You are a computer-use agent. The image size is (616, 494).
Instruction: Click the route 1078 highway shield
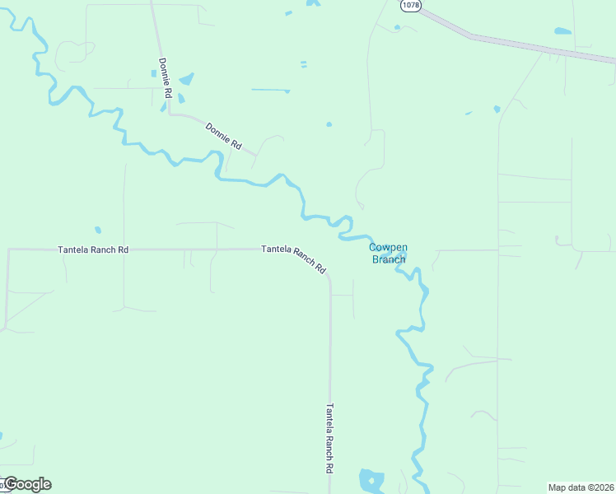tap(411, 6)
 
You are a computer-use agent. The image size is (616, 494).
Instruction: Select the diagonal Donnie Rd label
tap(223, 136)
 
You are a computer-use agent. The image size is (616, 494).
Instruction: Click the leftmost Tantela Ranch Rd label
tap(93, 249)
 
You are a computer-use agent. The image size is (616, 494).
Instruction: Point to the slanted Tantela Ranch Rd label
tap(294, 259)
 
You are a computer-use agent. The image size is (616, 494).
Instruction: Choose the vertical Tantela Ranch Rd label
tap(329, 437)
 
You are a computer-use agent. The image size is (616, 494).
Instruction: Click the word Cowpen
tap(389, 247)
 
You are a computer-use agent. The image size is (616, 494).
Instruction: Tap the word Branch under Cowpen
tap(389, 259)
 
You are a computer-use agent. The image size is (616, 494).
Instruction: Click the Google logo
tap(26, 484)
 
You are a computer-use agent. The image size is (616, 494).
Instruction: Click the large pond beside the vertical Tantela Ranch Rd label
tap(371, 479)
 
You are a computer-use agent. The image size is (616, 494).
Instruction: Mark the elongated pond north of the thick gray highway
tap(562, 31)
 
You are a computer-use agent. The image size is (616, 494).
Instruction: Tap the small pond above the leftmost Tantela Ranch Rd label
tap(98, 230)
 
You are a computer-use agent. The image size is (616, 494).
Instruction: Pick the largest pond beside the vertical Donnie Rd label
tap(186, 80)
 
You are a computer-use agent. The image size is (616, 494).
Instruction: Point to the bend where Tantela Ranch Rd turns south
tap(329, 280)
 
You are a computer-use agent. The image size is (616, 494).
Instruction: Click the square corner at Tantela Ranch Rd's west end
tap(8, 249)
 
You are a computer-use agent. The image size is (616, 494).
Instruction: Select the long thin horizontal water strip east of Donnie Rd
tap(270, 90)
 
